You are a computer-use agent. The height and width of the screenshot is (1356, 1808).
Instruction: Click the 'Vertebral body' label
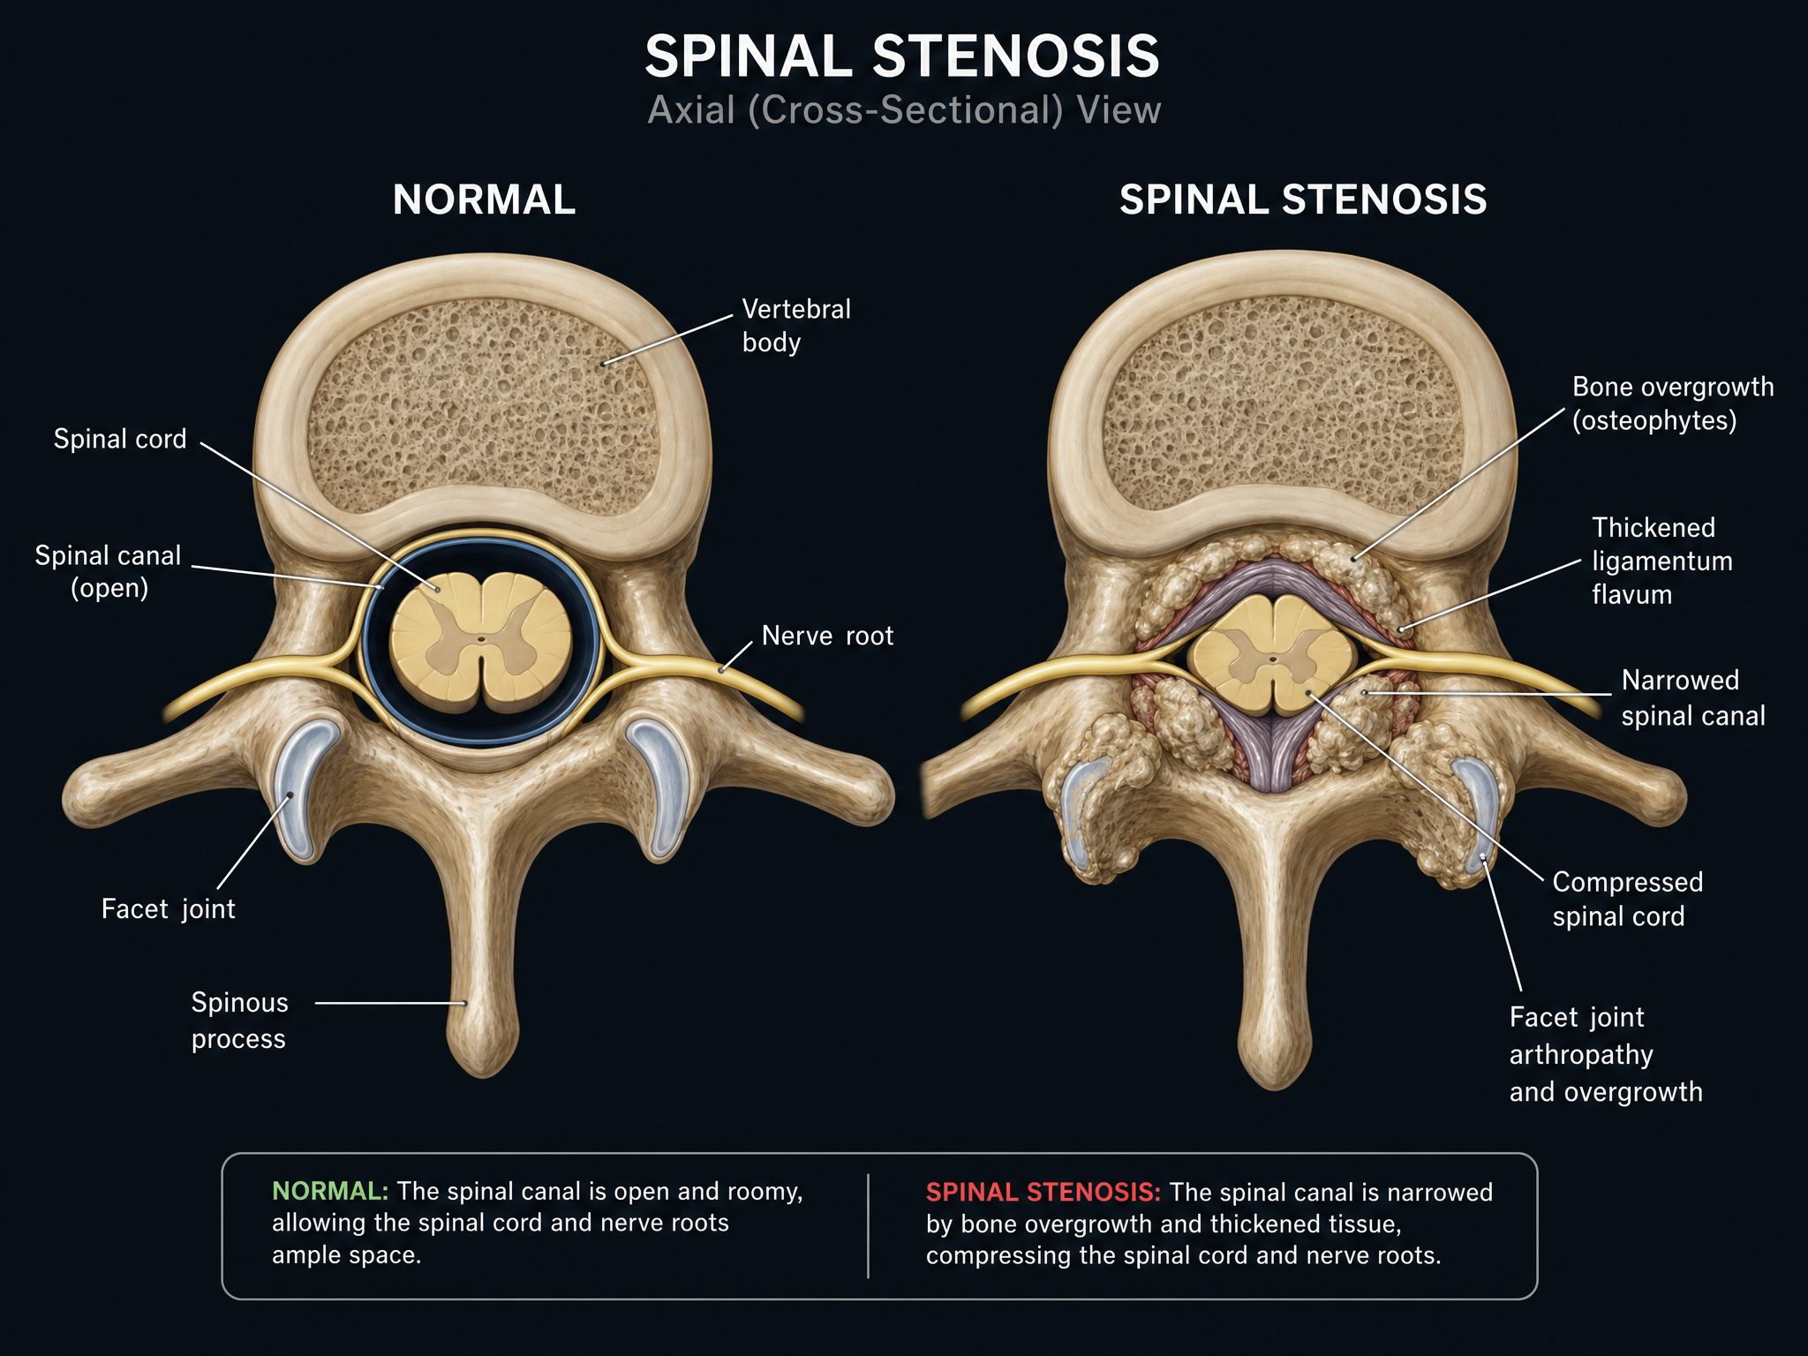[x=796, y=326]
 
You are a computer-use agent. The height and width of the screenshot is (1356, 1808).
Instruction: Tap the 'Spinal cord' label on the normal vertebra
[x=120, y=439]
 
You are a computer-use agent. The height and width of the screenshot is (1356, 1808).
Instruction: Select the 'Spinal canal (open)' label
[x=108, y=571]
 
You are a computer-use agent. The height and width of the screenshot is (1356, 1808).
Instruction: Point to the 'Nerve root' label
[x=827, y=636]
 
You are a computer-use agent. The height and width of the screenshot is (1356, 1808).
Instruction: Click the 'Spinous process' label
[x=239, y=1021]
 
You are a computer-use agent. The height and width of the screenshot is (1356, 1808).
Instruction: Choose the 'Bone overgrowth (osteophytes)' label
[x=1673, y=403]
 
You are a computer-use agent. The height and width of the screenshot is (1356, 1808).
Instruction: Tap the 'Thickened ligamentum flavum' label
[x=1661, y=561]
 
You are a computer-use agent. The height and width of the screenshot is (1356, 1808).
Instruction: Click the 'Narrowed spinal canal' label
[x=1693, y=697]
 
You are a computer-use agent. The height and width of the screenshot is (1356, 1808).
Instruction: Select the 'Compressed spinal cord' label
[x=1627, y=899]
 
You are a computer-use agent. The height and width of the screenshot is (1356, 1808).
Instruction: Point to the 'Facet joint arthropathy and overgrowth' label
[x=1605, y=1054]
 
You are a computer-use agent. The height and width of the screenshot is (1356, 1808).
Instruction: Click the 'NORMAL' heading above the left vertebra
[x=484, y=200]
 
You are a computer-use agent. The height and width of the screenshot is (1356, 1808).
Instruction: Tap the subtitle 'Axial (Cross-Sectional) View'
[x=904, y=110]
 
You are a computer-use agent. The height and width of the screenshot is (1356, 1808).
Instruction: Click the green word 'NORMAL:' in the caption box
[x=330, y=1191]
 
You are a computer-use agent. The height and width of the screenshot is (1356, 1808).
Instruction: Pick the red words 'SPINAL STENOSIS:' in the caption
[x=1043, y=1192]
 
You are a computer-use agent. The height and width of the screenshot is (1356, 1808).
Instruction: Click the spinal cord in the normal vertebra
[x=481, y=642]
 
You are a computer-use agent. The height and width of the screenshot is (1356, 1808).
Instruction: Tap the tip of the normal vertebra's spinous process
[x=483, y=1076]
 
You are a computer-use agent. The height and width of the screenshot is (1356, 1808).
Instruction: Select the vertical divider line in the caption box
[x=869, y=1225]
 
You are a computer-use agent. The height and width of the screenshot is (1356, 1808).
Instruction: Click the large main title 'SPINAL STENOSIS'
[x=902, y=56]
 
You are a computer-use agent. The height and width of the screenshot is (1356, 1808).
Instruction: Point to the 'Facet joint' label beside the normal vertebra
[x=169, y=908]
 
